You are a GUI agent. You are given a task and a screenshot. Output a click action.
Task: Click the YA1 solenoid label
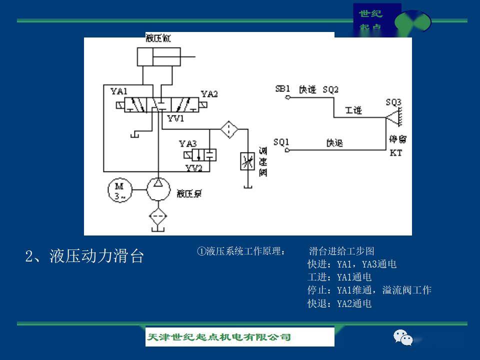coord(119,91)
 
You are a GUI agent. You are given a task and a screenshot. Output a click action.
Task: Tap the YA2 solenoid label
coord(209,94)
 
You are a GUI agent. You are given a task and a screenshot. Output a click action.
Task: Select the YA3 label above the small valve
coord(188,143)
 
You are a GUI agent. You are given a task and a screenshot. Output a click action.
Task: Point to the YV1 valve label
coord(176,119)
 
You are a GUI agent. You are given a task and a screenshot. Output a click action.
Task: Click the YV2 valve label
coord(194,167)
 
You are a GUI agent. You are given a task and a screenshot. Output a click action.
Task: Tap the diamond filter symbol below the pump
coord(158,216)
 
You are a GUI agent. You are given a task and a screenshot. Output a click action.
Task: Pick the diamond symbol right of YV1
coord(229,129)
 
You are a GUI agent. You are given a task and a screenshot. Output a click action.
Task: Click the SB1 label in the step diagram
coord(282,89)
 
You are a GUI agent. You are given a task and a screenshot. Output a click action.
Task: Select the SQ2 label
coord(330,89)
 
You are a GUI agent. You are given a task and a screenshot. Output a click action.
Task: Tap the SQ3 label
coord(393,102)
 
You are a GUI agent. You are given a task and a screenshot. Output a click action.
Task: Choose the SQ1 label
coord(281,142)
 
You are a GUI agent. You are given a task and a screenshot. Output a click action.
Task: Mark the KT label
coord(395,153)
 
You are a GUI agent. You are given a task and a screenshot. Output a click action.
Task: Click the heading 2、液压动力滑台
coord(84,256)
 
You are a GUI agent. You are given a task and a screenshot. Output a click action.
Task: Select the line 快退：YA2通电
coord(339,303)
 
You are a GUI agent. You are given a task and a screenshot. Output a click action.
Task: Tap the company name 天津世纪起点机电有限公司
coord(218,337)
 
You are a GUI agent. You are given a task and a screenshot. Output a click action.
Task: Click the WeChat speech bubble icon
coord(403,337)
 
